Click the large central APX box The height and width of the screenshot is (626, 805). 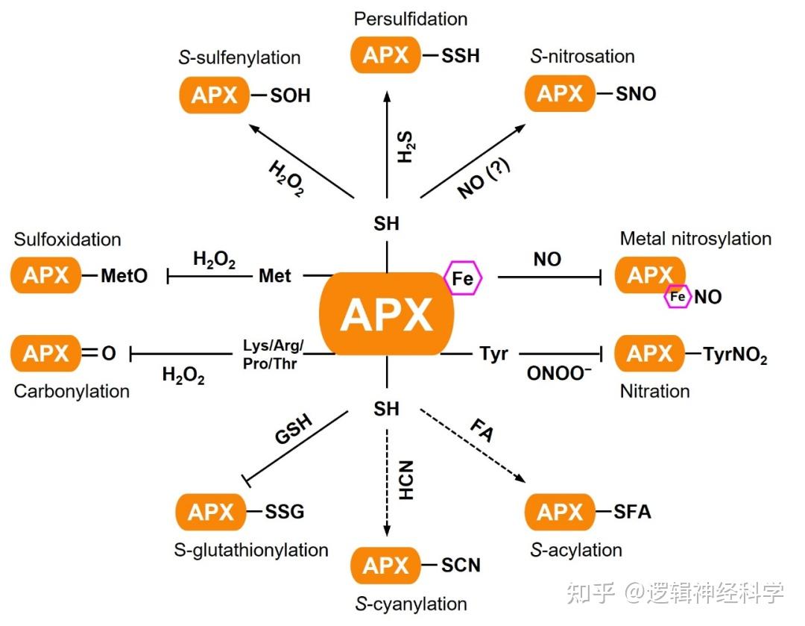click(x=386, y=314)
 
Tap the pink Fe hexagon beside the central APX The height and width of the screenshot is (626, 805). click(x=463, y=278)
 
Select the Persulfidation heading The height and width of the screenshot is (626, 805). click(x=411, y=18)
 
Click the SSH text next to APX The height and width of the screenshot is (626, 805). click(x=461, y=56)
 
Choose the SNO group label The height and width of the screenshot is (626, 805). click(x=636, y=94)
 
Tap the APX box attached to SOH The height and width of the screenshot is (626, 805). click(x=214, y=96)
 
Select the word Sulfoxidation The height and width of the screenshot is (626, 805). click(x=67, y=240)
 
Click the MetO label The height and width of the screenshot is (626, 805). click(x=123, y=276)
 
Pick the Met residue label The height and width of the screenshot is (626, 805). click(x=275, y=276)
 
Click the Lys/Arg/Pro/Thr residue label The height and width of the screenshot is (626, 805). click(x=274, y=354)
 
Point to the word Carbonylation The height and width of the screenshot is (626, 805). click(x=72, y=391)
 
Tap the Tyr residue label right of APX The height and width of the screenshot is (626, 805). click(x=493, y=354)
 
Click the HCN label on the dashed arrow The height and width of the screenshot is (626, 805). click(x=406, y=481)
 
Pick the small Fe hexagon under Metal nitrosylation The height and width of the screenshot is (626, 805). click(x=678, y=297)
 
